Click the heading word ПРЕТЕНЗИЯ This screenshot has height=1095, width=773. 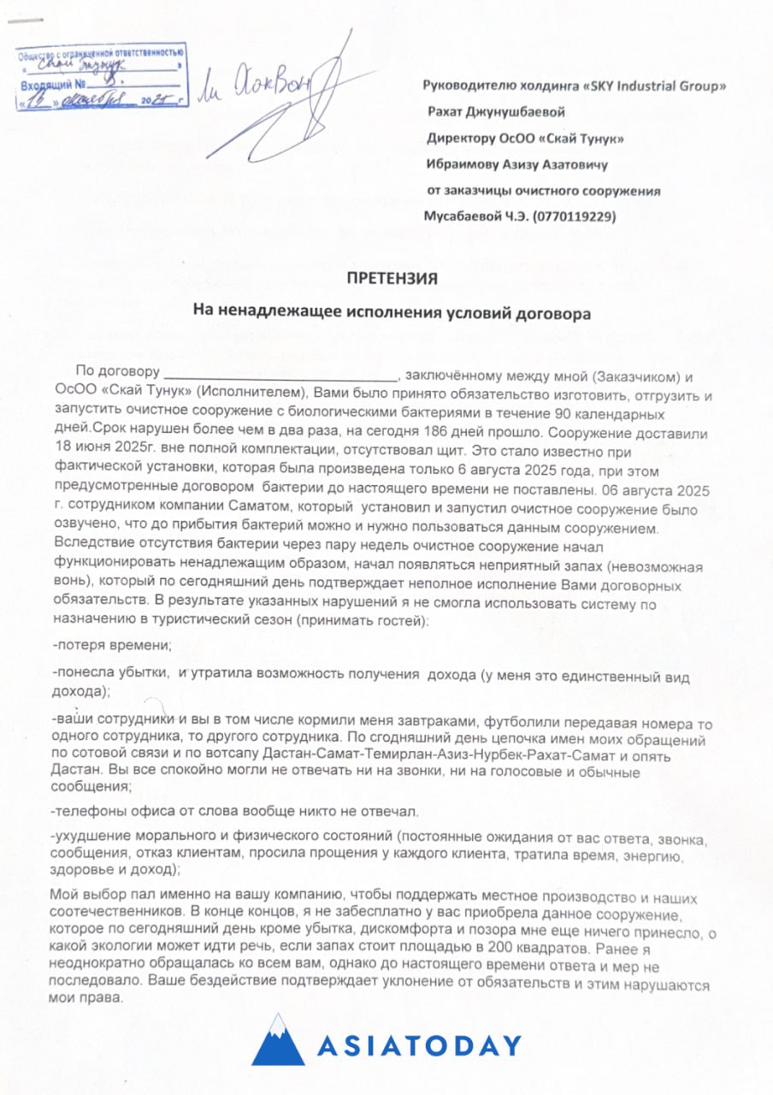point(392,279)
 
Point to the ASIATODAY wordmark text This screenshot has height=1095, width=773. point(419,1045)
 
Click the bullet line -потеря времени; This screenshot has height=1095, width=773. point(112,644)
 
